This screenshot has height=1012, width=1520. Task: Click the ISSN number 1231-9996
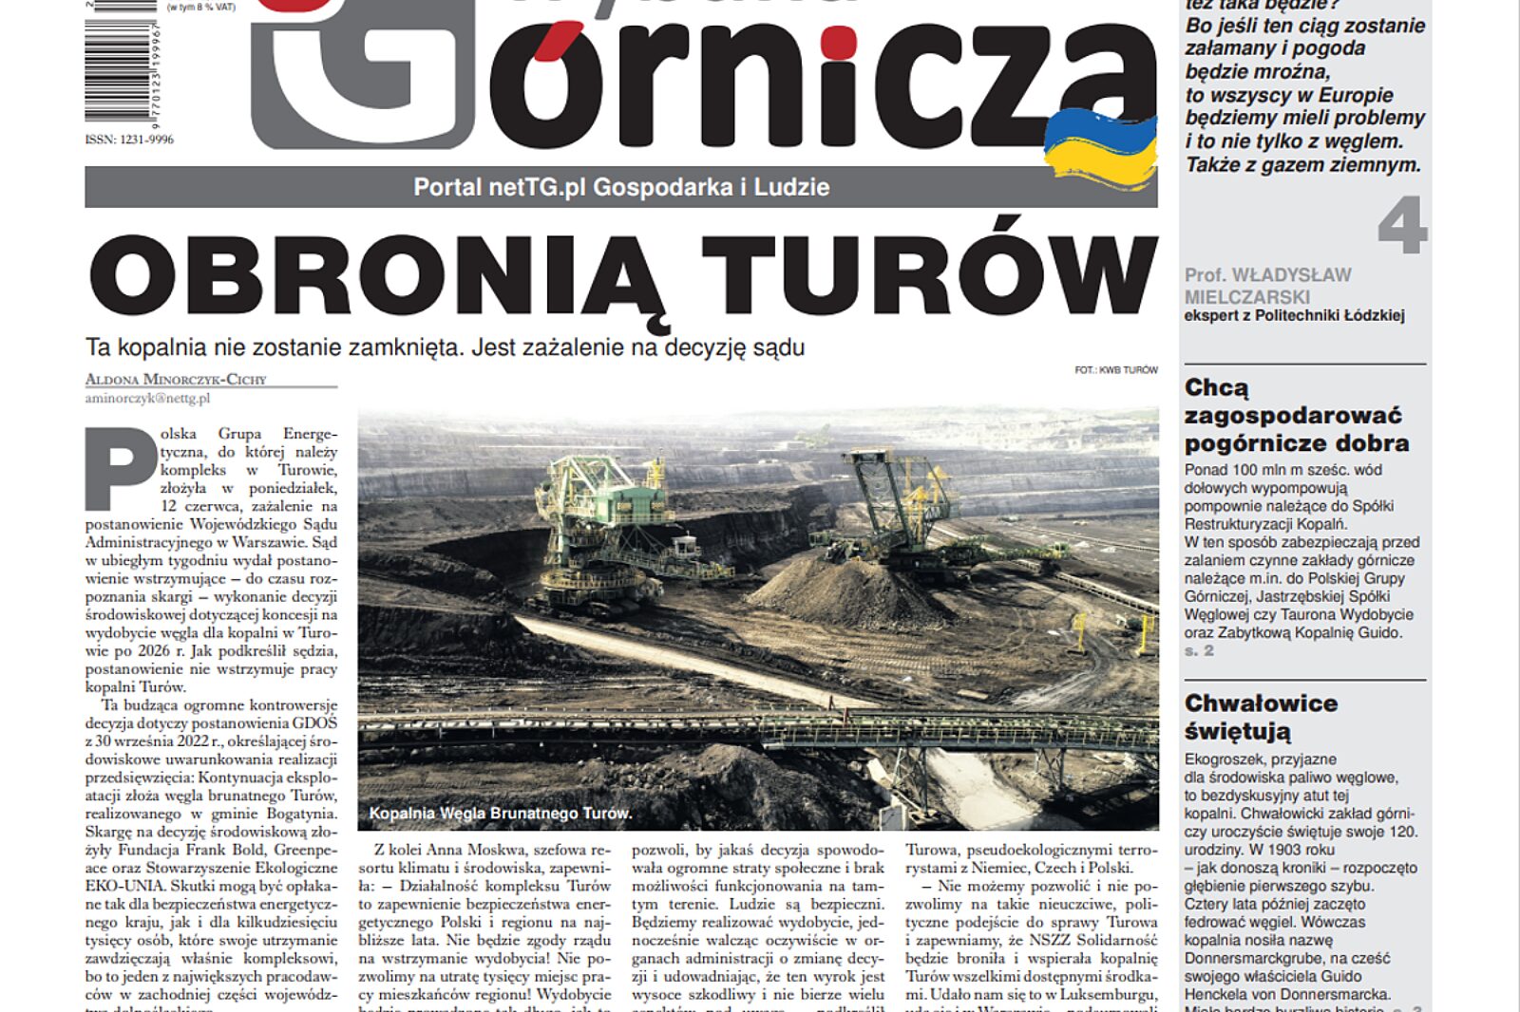[x=129, y=140]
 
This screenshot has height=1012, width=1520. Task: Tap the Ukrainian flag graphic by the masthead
[x=1100, y=148]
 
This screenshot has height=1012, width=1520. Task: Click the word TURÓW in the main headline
[x=930, y=276]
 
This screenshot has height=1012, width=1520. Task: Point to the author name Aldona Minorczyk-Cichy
[x=176, y=380]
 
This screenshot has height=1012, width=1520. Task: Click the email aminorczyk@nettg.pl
[x=147, y=399]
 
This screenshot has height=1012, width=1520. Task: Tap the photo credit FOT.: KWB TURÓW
[x=1115, y=370]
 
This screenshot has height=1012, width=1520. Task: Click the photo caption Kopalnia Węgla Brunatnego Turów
[x=500, y=814]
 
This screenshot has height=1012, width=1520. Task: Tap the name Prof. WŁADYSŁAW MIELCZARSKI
[x=1267, y=286]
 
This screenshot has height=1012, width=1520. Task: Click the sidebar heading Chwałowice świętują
[x=1261, y=717]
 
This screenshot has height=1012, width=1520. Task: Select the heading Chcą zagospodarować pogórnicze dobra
[x=1297, y=415]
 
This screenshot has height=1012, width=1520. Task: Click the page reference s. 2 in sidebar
[x=1199, y=651]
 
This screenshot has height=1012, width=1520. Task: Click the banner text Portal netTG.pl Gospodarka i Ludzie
[x=621, y=187]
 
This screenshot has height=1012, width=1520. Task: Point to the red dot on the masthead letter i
[x=839, y=43]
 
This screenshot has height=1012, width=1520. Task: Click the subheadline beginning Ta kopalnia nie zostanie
[x=445, y=347]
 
